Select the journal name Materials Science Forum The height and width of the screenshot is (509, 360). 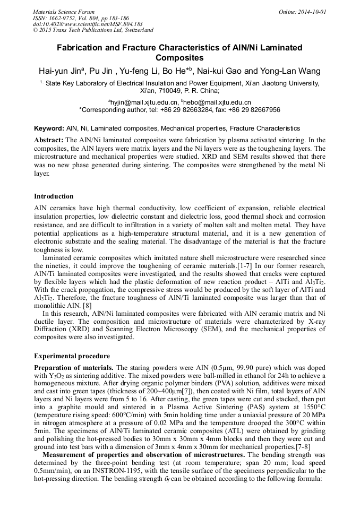pos(64,12)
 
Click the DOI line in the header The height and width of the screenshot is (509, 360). pos(88,24)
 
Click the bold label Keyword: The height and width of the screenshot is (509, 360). pos(49,128)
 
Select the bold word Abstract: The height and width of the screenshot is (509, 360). pos(49,139)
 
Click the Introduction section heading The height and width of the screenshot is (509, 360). pos(54,196)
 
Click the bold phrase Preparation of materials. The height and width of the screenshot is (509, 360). pos(74,368)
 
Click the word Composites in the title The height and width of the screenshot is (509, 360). pos(179,57)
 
